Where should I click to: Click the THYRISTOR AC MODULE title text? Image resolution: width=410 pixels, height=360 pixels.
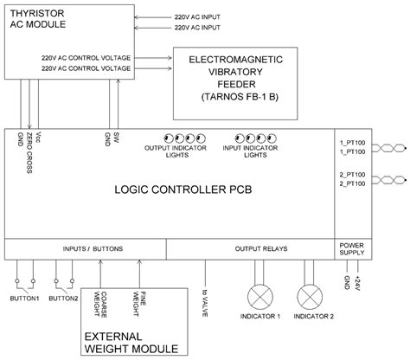38,19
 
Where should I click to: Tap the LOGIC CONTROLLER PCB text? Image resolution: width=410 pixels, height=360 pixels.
183,190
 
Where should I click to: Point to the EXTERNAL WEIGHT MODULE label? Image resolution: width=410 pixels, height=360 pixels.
131,343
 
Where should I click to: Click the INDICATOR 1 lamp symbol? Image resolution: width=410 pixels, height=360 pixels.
260,297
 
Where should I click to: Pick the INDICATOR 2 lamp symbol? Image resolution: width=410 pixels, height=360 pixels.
310,297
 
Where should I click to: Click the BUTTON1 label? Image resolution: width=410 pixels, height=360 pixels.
24,299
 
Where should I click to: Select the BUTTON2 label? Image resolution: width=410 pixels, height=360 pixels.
63,299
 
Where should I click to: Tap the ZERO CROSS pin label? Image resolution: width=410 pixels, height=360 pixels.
29,153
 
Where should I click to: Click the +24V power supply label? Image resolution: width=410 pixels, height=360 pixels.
358,283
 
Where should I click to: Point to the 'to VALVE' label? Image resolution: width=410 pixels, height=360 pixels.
205,303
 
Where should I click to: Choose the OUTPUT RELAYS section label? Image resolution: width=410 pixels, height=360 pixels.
261,248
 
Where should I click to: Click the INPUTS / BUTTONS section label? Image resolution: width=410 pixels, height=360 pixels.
93,248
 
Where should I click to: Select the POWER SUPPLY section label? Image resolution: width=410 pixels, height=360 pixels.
352,249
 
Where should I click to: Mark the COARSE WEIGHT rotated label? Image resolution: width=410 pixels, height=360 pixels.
100,305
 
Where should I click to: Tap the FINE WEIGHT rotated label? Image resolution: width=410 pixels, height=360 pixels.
139,304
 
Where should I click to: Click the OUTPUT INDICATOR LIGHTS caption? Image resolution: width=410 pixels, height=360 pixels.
176,151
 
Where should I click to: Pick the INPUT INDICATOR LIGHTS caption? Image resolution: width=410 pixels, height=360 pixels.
250,151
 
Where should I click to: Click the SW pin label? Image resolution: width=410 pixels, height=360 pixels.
117,138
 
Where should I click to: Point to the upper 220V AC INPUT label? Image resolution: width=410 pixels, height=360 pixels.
197,17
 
